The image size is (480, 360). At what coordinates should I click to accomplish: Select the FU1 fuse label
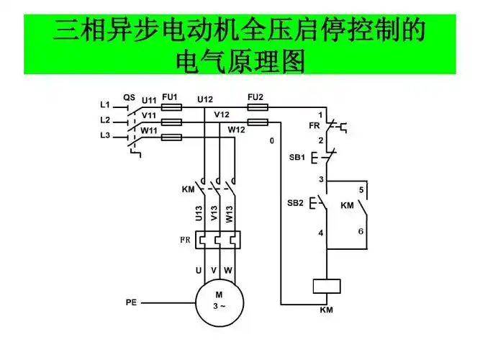pyautogui.click(x=170, y=96)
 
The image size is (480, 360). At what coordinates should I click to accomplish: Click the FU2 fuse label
pyautogui.click(x=255, y=96)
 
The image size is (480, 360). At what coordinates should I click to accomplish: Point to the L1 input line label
pyautogui.click(x=106, y=104)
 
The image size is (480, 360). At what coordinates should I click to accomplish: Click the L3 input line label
pyautogui.click(x=106, y=136)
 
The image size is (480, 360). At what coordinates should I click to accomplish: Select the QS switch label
pyautogui.click(x=130, y=96)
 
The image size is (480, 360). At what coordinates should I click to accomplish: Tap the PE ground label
pyautogui.click(x=131, y=303)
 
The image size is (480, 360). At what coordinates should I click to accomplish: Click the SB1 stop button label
pyautogui.click(x=297, y=157)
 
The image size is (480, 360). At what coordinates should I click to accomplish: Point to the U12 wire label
pyautogui.click(x=205, y=99)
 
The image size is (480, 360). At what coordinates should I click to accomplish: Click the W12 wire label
pyautogui.click(x=237, y=130)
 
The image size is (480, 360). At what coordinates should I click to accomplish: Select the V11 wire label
pyautogui.click(x=149, y=115)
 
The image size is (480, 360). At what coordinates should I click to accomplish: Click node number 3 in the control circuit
pyautogui.click(x=321, y=179)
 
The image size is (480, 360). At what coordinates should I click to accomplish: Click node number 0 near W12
pyautogui.click(x=272, y=140)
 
